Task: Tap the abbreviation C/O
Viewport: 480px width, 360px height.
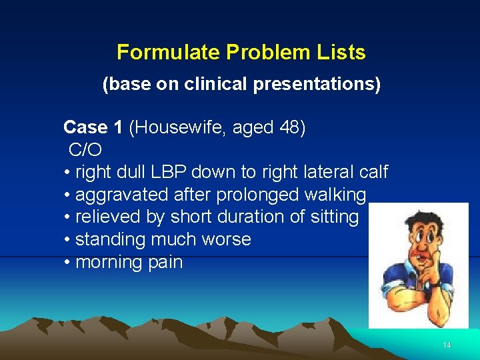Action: click(x=85, y=150)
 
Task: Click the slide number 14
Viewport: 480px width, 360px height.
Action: click(x=447, y=345)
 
